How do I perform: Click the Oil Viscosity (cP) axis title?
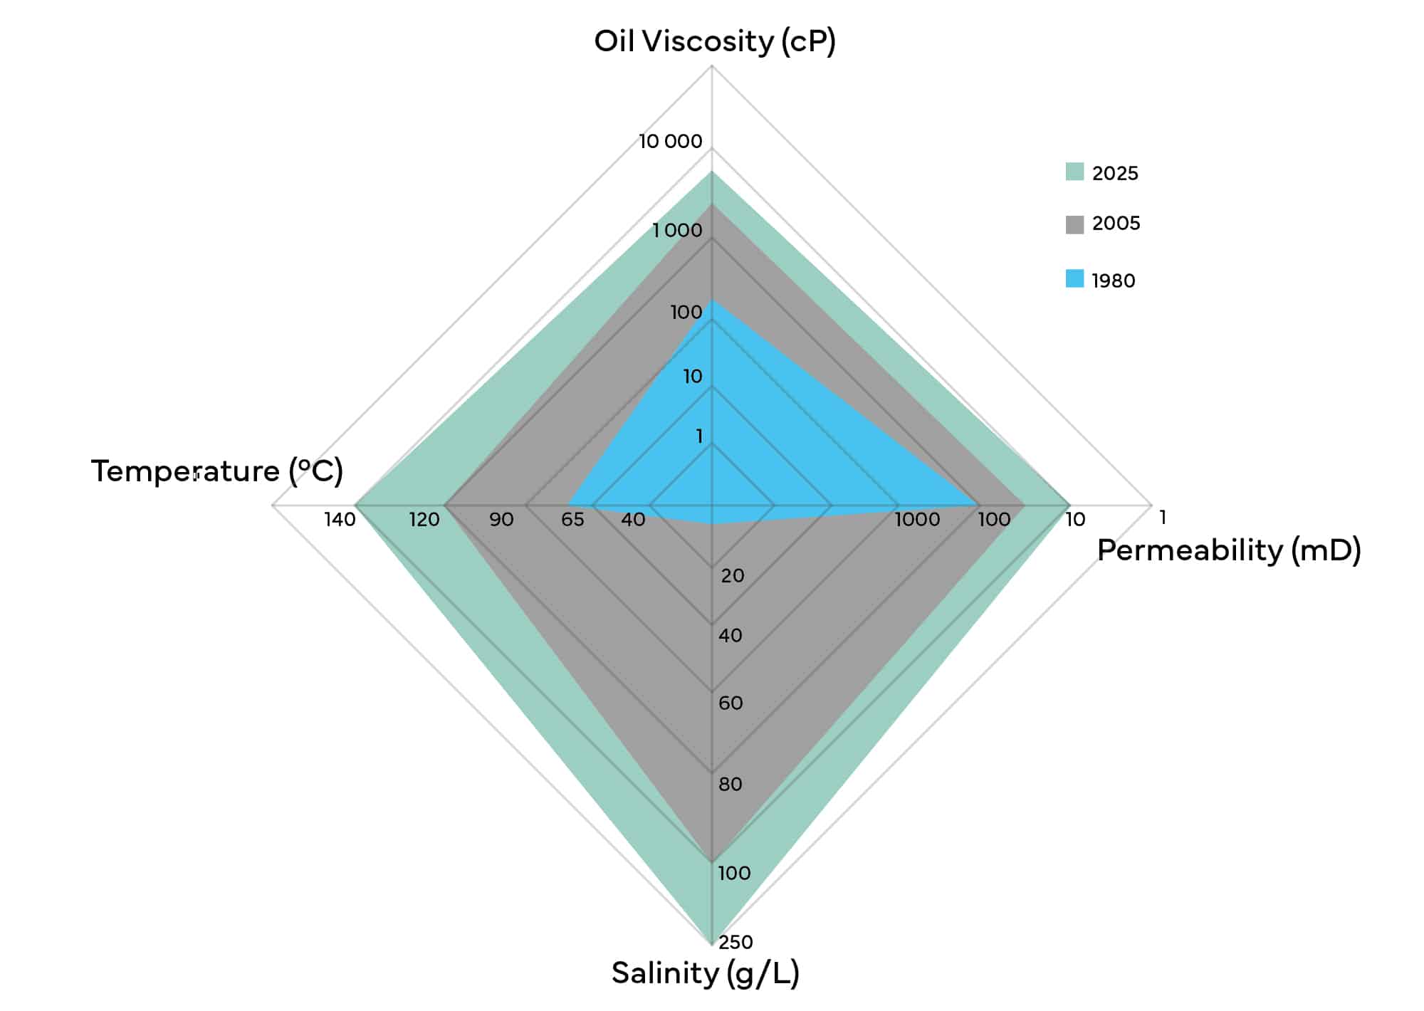pyautogui.click(x=715, y=41)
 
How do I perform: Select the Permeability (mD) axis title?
pyautogui.click(x=1229, y=550)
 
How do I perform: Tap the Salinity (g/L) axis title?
pyautogui.click(x=706, y=973)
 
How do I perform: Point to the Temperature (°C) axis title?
pyautogui.click(x=217, y=471)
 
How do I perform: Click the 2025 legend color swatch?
pyautogui.click(x=1074, y=172)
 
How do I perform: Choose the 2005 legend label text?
pyautogui.click(x=1116, y=224)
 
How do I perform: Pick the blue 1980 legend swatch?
pyautogui.click(x=1074, y=278)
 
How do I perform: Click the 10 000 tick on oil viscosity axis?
pyautogui.click(x=670, y=142)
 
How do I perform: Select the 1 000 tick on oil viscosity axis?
pyautogui.click(x=677, y=231)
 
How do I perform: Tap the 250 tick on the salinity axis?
pyautogui.click(x=735, y=943)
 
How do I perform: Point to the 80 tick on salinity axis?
pyautogui.click(x=731, y=785)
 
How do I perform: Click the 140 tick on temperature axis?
pyautogui.click(x=340, y=520)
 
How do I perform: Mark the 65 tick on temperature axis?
pyautogui.click(x=572, y=520)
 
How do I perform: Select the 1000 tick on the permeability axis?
pyautogui.click(x=917, y=520)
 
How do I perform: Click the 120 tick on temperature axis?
pyautogui.click(x=424, y=520)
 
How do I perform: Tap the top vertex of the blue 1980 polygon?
pyautogui.click(x=712, y=300)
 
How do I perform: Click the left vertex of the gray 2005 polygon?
pyautogui.click(x=444, y=506)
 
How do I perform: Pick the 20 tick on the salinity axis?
pyautogui.click(x=733, y=576)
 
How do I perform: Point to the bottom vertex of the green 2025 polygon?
pyautogui.click(x=712, y=944)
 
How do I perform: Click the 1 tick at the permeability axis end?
pyautogui.click(x=1163, y=518)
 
